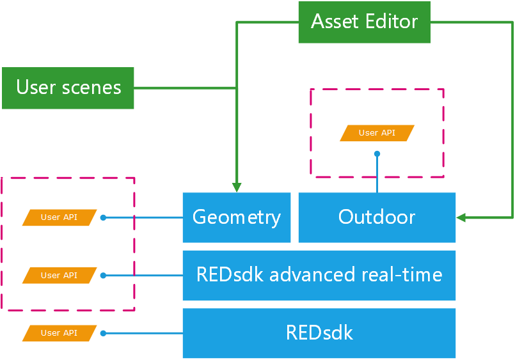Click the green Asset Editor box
pos(364,22)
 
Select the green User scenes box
pos(68,88)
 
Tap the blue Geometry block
pos(236,217)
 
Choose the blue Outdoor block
pos(377,217)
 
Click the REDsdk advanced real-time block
pos(319,275)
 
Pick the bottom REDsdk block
pos(319,333)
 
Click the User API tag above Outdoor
pos(377,133)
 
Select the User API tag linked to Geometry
pos(59,217)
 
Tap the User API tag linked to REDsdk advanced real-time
pos(59,276)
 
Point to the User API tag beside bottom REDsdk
pos(59,333)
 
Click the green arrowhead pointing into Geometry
pos(237,187)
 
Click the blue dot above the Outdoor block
pos(377,153)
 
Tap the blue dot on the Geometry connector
pos(103,217)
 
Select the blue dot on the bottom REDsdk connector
pos(103,333)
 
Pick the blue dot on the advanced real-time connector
pos(103,276)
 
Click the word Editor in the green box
pos(392,22)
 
